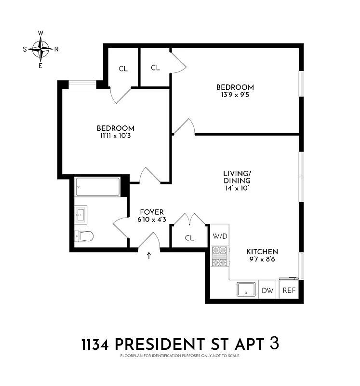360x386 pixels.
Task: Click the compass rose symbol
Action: click(x=41, y=49)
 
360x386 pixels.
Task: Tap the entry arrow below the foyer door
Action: click(x=148, y=256)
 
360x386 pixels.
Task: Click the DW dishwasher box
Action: click(x=267, y=290)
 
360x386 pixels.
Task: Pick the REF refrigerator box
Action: click(x=289, y=290)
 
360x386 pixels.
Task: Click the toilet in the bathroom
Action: click(x=84, y=236)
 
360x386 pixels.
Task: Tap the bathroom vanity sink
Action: click(x=81, y=214)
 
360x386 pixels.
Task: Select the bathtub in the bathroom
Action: click(x=98, y=187)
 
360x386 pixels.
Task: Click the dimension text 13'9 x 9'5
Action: click(x=235, y=95)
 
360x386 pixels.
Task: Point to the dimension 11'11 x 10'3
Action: click(x=115, y=136)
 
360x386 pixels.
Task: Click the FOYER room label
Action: click(x=152, y=212)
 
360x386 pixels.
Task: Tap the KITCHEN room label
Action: click(x=262, y=252)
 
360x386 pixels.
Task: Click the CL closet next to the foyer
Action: click(x=189, y=238)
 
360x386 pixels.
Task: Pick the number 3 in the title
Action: click(x=274, y=344)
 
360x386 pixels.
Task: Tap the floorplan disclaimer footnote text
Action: click(x=180, y=356)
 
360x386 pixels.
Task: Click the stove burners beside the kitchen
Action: click(x=219, y=256)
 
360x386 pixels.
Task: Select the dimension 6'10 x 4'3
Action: click(x=152, y=220)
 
